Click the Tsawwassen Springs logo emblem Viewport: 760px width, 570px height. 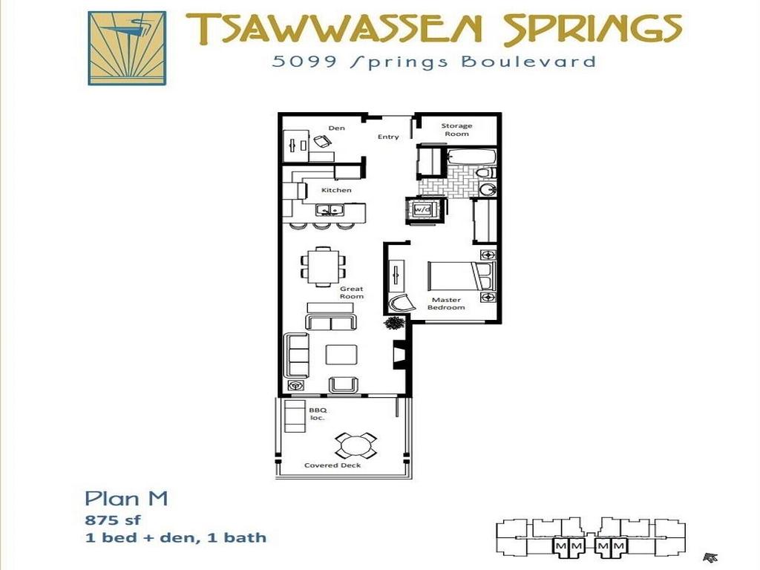point(127,48)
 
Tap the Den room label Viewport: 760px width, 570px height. point(336,128)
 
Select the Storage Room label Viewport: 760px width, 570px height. point(456,130)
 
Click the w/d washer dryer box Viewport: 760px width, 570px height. point(422,209)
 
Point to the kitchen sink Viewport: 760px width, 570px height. point(330,210)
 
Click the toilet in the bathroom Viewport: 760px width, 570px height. point(485,172)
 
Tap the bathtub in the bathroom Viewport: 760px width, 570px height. point(471,157)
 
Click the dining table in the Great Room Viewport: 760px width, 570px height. point(324,266)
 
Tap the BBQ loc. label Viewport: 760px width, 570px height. point(318,413)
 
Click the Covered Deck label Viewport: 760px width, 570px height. point(332,465)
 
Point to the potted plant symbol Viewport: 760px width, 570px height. point(394,322)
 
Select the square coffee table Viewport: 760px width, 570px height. point(341,354)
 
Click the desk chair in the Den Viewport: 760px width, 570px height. point(322,141)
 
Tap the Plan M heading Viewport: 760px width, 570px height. point(126,498)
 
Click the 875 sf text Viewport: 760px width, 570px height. point(113,520)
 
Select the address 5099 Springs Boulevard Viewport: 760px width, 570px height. point(433,62)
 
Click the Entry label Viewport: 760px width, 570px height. point(388,137)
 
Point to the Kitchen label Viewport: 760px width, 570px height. point(336,190)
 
